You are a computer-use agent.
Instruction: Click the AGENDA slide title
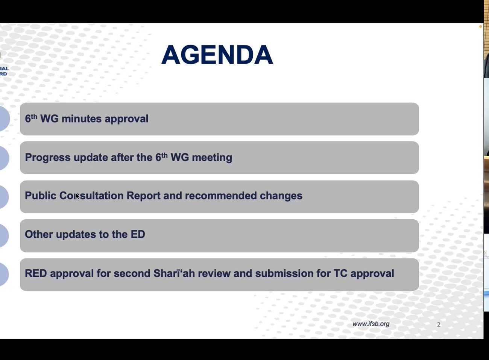click(x=217, y=55)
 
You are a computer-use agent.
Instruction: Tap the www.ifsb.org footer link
click(x=371, y=324)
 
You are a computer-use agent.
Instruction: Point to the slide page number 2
click(x=439, y=325)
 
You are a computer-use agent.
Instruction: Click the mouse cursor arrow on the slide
click(x=77, y=196)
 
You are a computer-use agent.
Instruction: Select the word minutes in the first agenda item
click(x=82, y=119)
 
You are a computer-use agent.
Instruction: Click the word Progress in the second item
click(x=48, y=158)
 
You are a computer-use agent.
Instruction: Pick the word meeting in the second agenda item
click(x=212, y=158)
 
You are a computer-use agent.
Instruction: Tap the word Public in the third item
click(x=41, y=196)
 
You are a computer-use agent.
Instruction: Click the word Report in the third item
click(x=143, y=196)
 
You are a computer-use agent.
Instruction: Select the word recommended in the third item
click(x=221, y=196)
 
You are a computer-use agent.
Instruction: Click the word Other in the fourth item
click(x=39, y=234)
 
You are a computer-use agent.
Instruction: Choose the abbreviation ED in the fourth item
click(x=138, y=234)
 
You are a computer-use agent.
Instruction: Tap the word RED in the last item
click(x=36, y=273)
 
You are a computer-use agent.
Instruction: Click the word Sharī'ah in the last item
click(x=174, y=273)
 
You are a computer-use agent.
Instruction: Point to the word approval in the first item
click(x=127, y=119)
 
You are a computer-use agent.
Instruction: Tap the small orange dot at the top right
click(x=480, y=27)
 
